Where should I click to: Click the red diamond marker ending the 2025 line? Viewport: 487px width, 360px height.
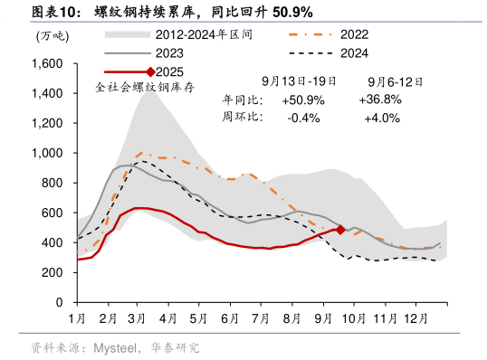340,230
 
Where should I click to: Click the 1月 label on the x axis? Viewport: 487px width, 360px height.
77,319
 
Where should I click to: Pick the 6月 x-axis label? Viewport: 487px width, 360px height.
230,319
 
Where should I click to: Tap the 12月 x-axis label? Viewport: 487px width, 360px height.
415,319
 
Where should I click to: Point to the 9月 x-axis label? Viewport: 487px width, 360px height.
322,319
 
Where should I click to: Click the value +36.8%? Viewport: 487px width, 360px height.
381,99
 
